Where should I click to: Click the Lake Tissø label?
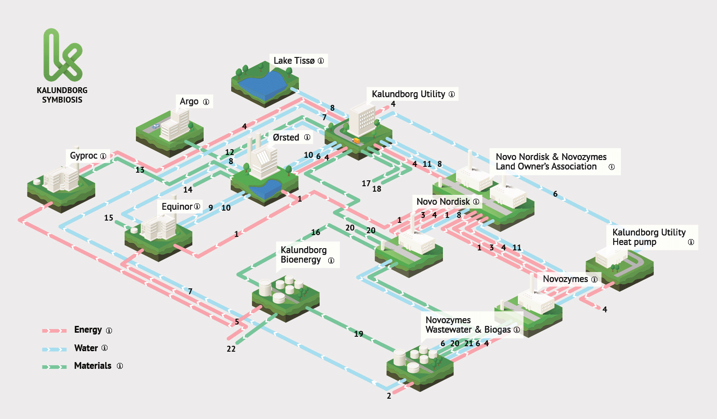(x=294, y=61)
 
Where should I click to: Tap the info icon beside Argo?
(x=206, y=102)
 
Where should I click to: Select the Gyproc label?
(x=84, y=155)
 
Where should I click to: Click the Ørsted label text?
(x=286, y=137)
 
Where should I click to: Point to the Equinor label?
(x=177, y=207)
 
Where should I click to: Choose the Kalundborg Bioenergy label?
(x=303, y=254)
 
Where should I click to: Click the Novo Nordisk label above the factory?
(x=443, y=202)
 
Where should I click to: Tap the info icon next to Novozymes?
(x=594, y=279)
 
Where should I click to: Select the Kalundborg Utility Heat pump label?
(x=649, y=237)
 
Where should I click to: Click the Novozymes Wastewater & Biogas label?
(x=468, y=325)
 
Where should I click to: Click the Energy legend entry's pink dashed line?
(x=55, y=330)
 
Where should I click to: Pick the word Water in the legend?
(x=86, y=348)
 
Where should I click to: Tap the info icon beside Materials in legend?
(x=120, y=366)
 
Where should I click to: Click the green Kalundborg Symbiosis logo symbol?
(x=63, y=55)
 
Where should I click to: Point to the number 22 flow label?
(x=231, y=349)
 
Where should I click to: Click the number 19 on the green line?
(x=358, y=334)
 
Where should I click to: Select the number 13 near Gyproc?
(x=140, y=170)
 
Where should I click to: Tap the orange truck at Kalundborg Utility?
(x=356, y=141)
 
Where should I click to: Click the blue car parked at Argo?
(x=156, y=126)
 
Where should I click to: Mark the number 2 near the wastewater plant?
(x=389, y=396)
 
